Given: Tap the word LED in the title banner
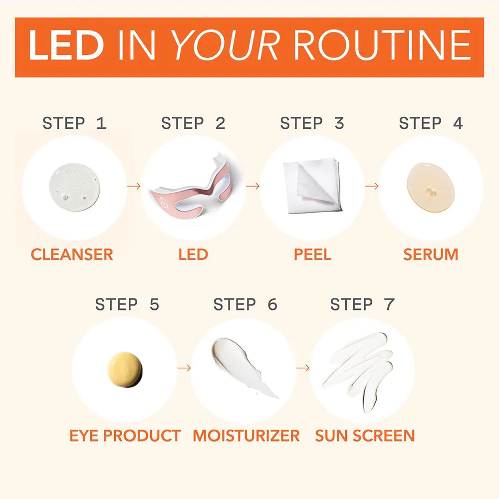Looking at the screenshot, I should (x=65, y=46).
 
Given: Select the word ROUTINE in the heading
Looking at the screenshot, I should (x=382, y=46).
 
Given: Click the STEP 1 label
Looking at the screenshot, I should (x=74, y=123).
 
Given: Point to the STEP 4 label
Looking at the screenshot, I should (x=431, y=123).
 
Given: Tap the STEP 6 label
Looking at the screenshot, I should (x=245, y=304).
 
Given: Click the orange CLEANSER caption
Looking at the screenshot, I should (x=72, y=254).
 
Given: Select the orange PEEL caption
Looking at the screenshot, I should (x=312, y=254).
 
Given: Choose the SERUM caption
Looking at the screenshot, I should (x=431, y=254).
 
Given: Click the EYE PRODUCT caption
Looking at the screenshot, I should (x=125, y=435).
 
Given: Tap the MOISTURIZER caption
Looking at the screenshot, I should (x=247, y=435).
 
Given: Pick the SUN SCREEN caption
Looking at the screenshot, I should (x=365, y=435).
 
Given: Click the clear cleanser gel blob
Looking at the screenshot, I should (x=74, y=186).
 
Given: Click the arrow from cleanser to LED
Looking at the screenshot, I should (x=133, y=186).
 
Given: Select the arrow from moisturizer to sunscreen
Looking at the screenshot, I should (x=302, y=368).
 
